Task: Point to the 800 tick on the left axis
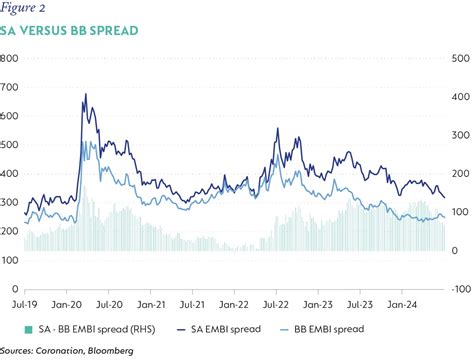coord(10,59)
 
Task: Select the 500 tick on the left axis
coord(10,145)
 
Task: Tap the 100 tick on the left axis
coord(10,260)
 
